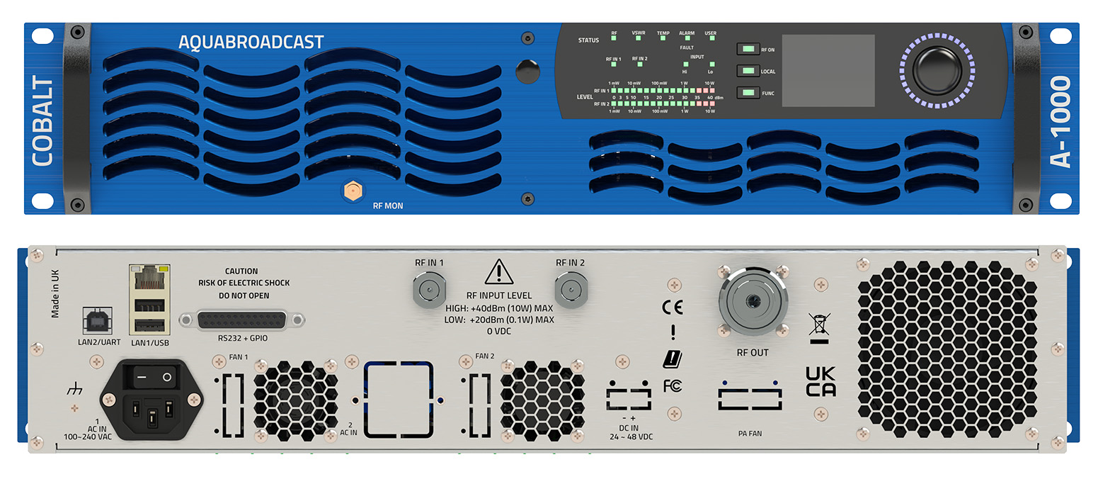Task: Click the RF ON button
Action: (x=747, y=50)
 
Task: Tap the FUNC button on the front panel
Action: (x=747, y=93)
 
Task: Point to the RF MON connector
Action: (x=352, y=190)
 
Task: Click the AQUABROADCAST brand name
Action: (x=251, y=43)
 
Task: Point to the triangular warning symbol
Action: (x=499, y=272)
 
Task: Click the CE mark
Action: (x=672, y=307)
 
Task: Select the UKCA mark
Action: (x=820, y=382)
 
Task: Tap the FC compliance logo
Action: (x=672, y=386)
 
